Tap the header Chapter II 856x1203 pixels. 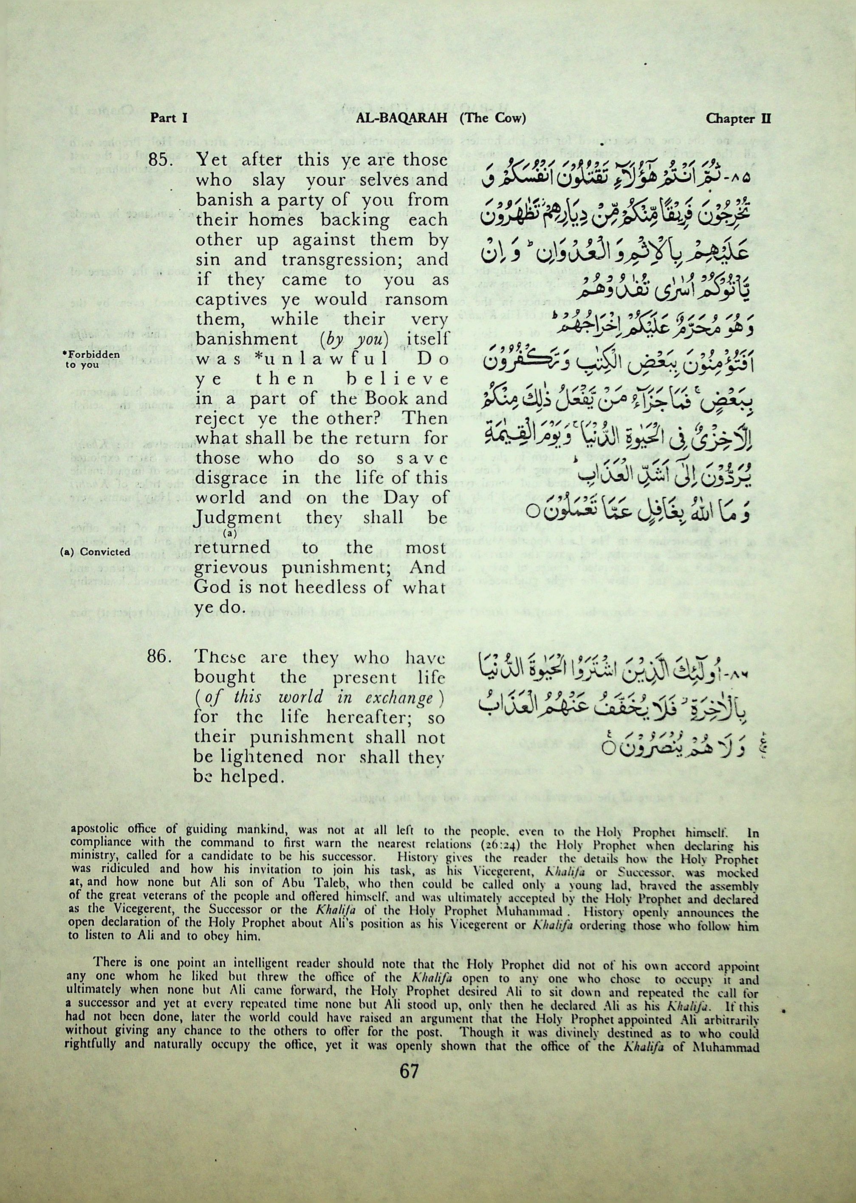[738, 118]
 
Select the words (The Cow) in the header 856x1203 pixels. [492, 118]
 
